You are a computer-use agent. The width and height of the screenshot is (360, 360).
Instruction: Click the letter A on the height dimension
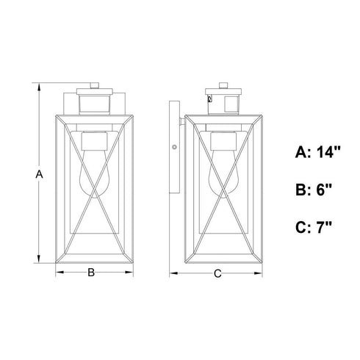tap(39, 174)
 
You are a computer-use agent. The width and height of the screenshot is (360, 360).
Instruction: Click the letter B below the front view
tap(91, 273)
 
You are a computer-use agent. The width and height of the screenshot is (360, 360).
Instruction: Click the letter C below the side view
tap(217, 273)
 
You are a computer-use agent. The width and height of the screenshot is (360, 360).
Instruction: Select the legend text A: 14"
tap(318, 152)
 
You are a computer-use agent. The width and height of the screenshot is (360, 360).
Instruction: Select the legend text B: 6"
tap(314, 190)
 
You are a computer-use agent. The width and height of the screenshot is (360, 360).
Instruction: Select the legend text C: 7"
tap(314, 227)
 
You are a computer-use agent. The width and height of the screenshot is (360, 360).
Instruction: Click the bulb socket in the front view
tap(94, 141)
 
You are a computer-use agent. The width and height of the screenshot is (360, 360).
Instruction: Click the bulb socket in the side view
tap(223, 141)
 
